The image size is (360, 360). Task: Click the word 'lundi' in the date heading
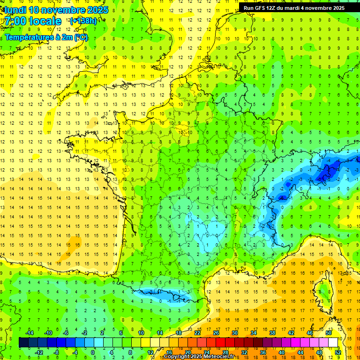coord(15,9)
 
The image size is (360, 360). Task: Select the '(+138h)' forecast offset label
coord(83,21)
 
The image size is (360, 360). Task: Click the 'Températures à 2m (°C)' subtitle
coord(46,37)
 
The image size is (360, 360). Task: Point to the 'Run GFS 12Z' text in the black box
coord(261,8)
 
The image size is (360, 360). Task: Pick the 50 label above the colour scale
coord(328,333)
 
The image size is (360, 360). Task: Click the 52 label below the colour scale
coord(337,352)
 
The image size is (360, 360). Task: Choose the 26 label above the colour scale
coord(216,333)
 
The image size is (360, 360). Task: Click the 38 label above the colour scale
coord(272,333)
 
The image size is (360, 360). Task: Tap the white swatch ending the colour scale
coord(333,343)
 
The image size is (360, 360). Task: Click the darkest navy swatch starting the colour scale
coord(23,343)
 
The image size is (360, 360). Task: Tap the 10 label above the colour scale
coord(141,333)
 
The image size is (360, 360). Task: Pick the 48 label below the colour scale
coord(319,352)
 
